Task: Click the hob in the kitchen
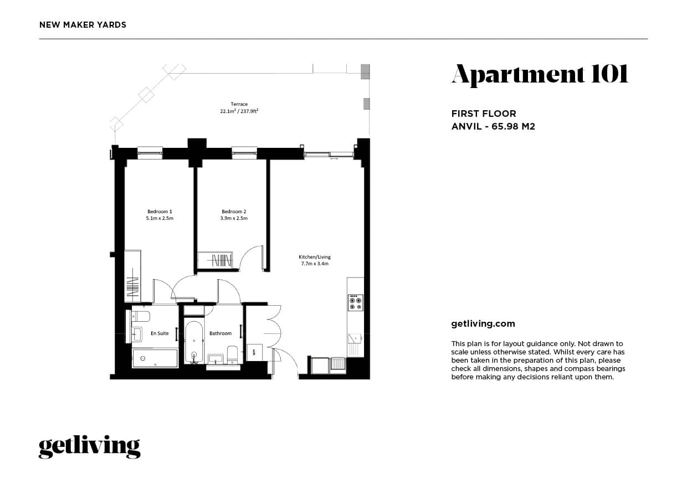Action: [x=355, y=302]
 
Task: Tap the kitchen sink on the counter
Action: [x=355, y=338]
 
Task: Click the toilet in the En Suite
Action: [x=142, y=316]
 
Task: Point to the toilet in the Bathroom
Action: [x=232, y=353]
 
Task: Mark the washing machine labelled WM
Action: [x=254, y=352]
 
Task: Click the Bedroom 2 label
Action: [x=234, y=212]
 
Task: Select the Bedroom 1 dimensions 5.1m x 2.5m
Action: [x=160, y=218]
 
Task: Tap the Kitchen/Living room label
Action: [x=314, y=257]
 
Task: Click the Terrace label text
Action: [x=239, y=104]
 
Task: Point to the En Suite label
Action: [x=160, y=333]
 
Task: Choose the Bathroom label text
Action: [x=221, y=333]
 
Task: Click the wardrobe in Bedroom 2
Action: [x=217, y=260]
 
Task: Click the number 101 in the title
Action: [x=609, y=74]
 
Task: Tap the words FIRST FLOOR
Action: [x=484, y=114]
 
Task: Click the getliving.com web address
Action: [x=483, y=324]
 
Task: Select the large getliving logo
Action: [x=89, y=446]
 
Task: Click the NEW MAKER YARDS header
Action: [x=83, y=25]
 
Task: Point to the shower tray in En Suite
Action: [x=155, y=358]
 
